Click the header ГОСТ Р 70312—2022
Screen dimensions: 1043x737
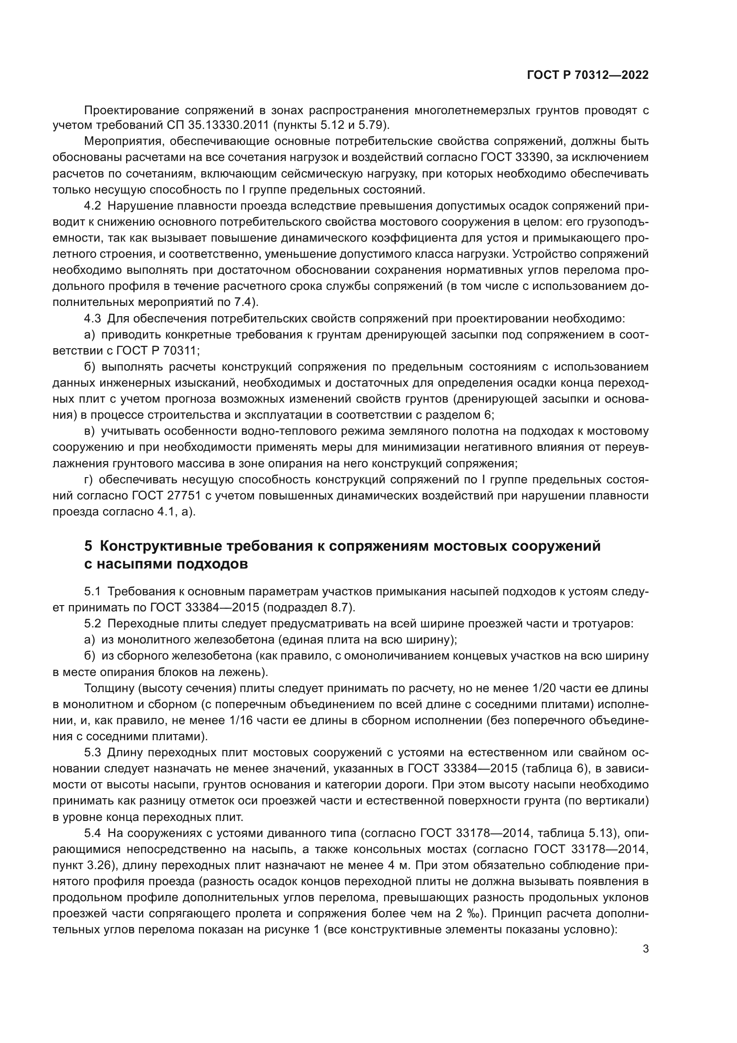coord(587,75)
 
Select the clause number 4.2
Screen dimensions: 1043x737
coord(92,206)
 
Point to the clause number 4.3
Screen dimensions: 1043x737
coord(92,318)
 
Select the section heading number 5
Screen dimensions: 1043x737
coord(88,545)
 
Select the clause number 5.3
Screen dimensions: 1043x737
coord(92,753)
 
